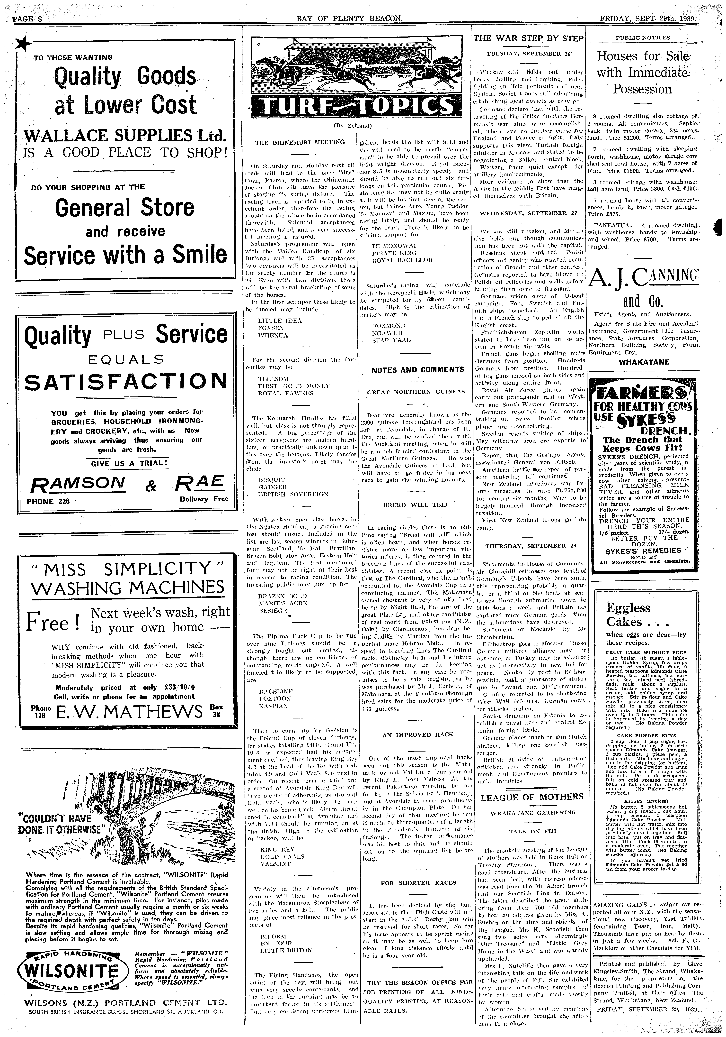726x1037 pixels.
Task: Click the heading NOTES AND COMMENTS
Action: [418, 370]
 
